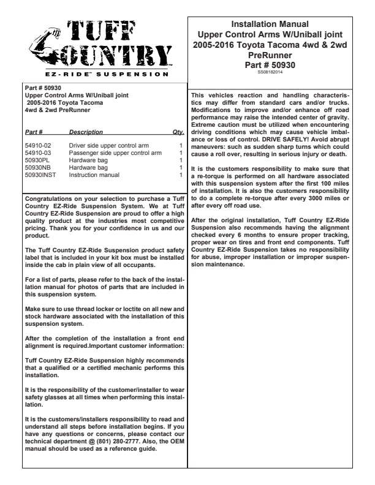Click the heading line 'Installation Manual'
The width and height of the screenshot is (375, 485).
270,24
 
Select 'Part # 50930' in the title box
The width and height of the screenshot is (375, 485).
270,64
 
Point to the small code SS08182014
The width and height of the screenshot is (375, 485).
270,72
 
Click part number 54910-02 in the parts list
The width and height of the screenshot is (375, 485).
38,146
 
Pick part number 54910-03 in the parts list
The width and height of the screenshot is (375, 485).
38,153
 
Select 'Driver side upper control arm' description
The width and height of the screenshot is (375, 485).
108,146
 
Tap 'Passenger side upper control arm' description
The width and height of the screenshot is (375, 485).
115,153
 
